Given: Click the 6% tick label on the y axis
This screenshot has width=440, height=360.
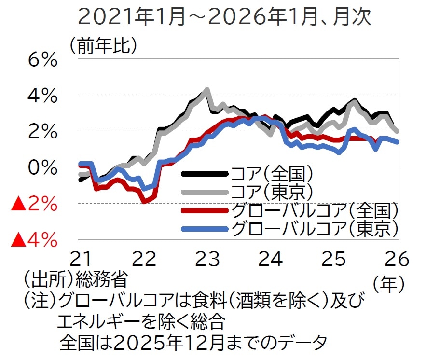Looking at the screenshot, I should point(42,61).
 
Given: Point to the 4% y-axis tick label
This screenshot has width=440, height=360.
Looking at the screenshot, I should point(42,96).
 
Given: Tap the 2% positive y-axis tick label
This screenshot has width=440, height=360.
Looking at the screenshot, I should point(42,131).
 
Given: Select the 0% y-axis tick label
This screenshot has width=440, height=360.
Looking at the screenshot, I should point(42,167).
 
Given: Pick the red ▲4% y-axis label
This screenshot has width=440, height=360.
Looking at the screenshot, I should point(34,239).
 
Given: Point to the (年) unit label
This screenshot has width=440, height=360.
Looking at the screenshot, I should point(389,284).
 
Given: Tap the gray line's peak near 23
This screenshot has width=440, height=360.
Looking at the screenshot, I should point(207,89).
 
